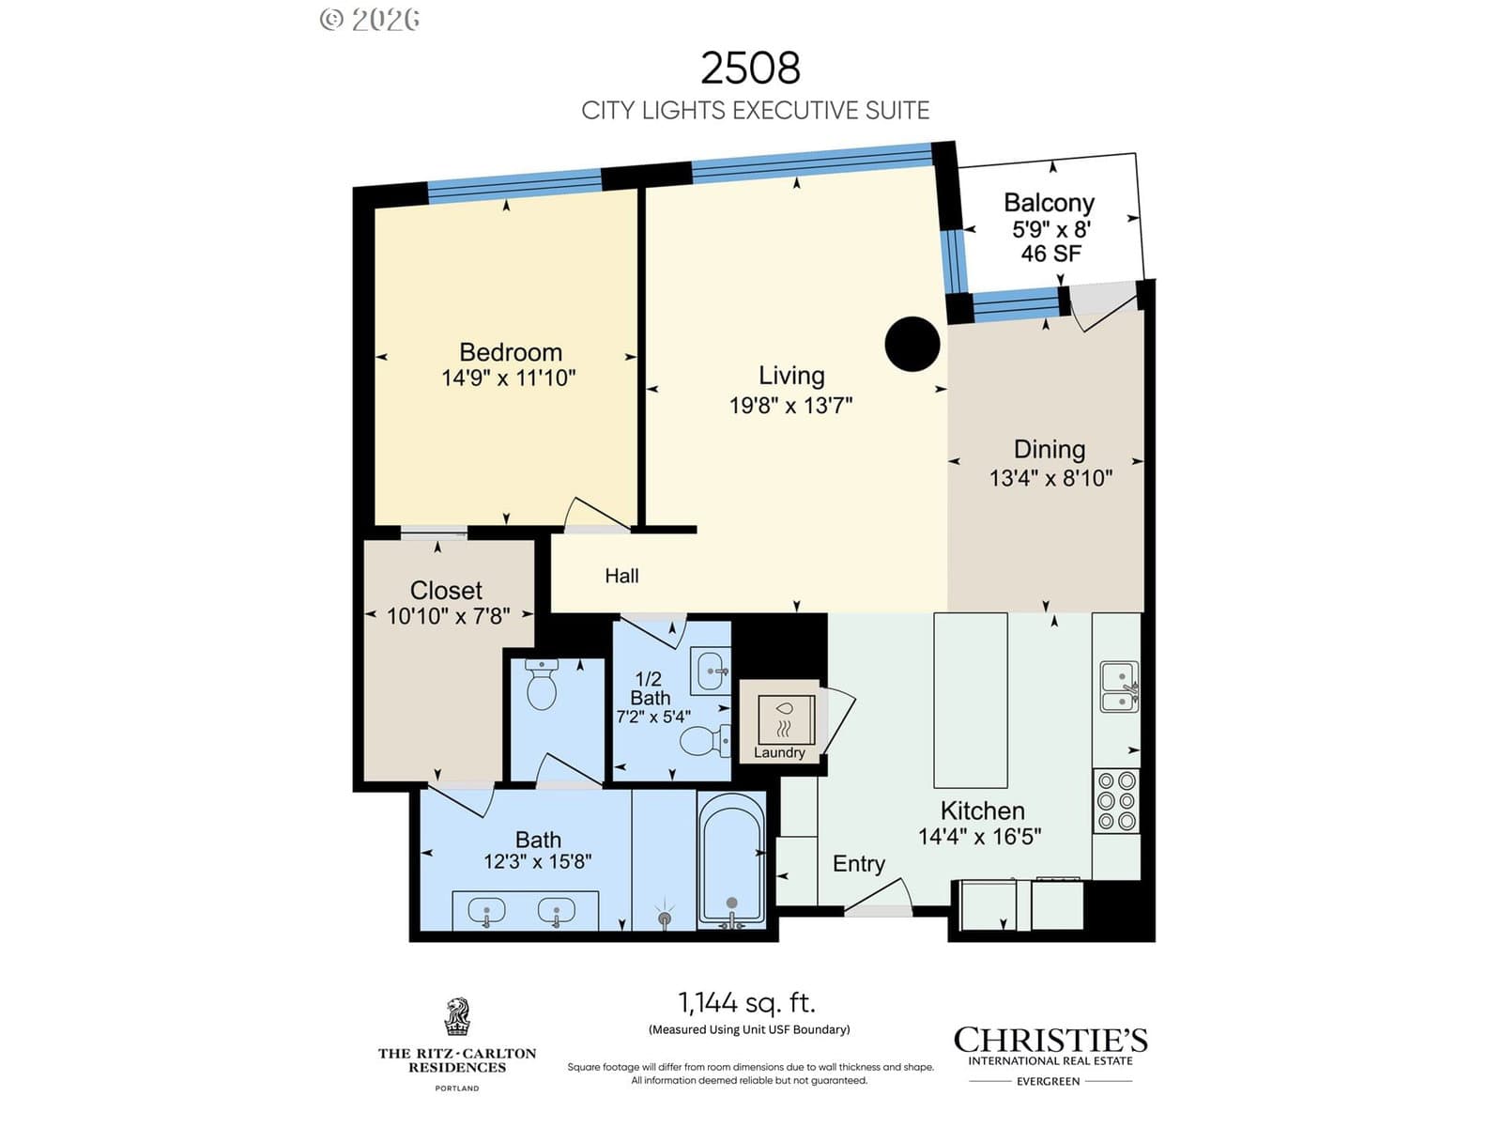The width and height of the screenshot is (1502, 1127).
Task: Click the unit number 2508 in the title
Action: tap(750, 69)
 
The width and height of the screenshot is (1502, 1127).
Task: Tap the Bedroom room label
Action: tap(511, 352)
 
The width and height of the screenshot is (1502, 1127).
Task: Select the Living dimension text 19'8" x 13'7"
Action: tap(790, 406)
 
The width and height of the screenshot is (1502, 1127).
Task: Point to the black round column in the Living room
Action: tap(912, 344)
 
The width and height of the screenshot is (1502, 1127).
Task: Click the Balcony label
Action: tap(1049, 203)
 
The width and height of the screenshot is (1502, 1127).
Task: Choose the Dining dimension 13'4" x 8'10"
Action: tap(1050, 478)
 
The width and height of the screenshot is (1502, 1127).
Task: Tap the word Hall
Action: tap(621, 576)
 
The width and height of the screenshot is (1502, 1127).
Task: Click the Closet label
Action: tap(446, 591)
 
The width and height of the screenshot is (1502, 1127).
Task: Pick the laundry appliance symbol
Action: tap(787, 718)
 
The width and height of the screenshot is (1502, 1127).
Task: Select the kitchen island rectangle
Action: tap(971, 700)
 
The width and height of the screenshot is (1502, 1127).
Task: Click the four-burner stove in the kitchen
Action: tap(1116, 800)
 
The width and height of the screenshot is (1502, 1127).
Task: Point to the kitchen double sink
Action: tap(1120, 687)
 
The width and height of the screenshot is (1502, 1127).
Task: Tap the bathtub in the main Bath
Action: tap(731, 861)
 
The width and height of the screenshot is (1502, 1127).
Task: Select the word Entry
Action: tap(859, 864)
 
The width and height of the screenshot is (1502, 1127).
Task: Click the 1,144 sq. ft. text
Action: tap(747, 1003)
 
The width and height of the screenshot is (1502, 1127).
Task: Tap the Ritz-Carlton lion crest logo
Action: tap(457, 1016)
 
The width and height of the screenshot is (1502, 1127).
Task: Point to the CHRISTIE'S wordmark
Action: tap(1050, 1040)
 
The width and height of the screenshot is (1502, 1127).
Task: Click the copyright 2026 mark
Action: tap(370, 20)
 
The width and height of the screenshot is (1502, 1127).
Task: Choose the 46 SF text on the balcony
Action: tap(1051, 254)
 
